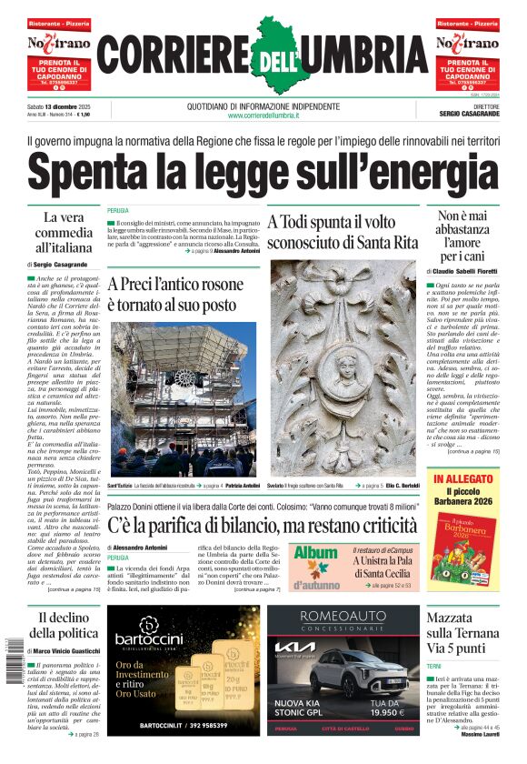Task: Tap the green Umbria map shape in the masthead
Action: click(x=277, y=56)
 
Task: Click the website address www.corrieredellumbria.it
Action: click(x=263, y=116)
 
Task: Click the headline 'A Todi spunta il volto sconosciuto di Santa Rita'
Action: click(x=343, y=231)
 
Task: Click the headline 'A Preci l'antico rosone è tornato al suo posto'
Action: click(x=176, y=294)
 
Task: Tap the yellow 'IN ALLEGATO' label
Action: click(x=463, y=478)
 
